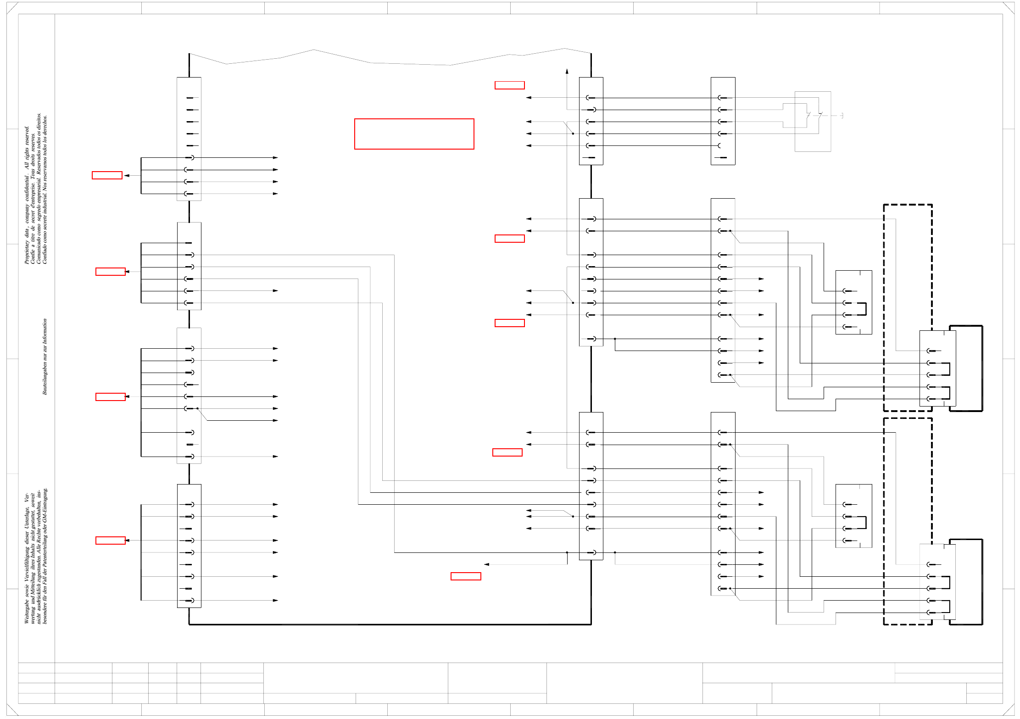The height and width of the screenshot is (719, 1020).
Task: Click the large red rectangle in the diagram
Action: [414, 134]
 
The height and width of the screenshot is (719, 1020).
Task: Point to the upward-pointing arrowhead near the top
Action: [567, 71]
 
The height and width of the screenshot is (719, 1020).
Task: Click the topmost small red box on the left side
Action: [107, 175]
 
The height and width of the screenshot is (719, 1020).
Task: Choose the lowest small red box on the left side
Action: [110, 541]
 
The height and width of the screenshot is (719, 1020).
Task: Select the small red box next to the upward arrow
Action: [509, 85]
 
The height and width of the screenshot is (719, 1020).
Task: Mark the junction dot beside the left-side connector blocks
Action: [197, 408]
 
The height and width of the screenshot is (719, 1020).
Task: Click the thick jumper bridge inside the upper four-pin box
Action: [865, 309]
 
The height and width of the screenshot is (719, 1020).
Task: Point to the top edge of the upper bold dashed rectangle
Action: [908, 205]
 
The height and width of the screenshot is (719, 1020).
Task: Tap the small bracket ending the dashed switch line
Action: [842, 116]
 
